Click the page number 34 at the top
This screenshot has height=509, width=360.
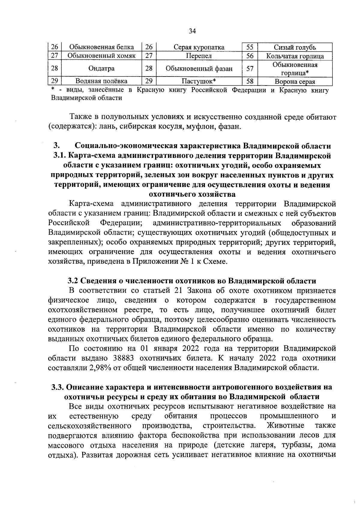(x=192, y=32)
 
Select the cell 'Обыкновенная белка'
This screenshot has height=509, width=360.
(x=101, y=47)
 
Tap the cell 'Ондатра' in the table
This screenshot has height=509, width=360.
(x=101, y=68)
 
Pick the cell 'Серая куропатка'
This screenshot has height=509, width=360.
(x=199, y=47)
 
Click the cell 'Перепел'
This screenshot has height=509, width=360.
(x=199, y=56)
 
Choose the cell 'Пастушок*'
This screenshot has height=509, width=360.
(x=199, y=81)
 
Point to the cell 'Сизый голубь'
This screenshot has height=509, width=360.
(x=295, y=47)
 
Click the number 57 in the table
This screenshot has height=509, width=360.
(x=250, y=68)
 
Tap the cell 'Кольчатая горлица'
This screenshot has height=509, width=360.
(x=295, y=56)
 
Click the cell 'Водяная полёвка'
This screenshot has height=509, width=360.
(x=101, y=81)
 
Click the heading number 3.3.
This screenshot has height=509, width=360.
(x=57, y=387)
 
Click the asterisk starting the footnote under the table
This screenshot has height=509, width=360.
(x=52, y=89)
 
